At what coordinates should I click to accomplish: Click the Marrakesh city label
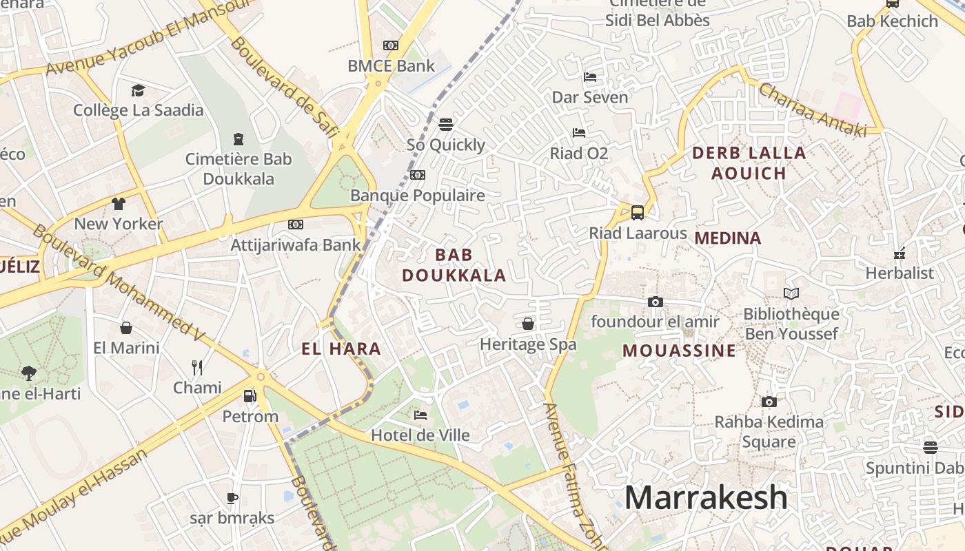(706, 497)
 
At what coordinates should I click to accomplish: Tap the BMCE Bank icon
(391, 45)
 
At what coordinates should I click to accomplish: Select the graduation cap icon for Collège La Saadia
(138, 90)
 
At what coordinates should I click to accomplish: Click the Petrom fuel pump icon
(250, 396)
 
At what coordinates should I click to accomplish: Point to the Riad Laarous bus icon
(638, 212)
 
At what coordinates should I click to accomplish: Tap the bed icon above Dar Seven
(590, 77)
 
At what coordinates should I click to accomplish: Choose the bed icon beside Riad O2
(579, 133)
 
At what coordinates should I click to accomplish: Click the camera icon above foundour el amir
(655, 302)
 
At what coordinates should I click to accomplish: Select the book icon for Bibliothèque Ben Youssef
(791, 294)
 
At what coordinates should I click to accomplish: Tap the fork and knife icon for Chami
(197, 367)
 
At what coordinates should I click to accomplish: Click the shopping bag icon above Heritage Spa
(528, 324)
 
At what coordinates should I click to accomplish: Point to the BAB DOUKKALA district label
(454, 265)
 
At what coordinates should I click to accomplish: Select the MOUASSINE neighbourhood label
(679, 351)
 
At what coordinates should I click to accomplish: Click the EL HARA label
(341, 349)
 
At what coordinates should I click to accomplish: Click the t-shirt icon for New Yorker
(119, 203)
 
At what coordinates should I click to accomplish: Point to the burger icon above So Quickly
(446, 125)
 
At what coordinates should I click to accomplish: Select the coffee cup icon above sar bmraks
(232, 497)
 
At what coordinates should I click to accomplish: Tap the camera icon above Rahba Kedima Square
(769, 402)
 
